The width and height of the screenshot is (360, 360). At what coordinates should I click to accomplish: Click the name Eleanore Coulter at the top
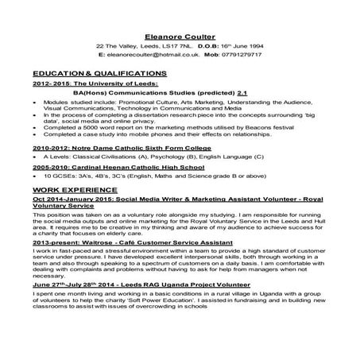[180, 36]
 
